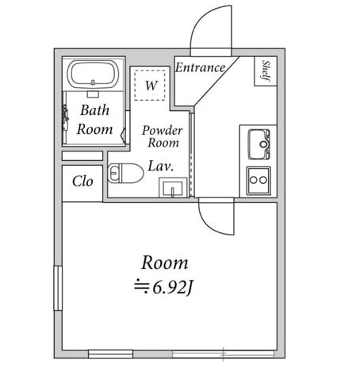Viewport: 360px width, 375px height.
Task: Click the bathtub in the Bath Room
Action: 93,75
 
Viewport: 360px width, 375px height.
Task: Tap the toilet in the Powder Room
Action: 125,173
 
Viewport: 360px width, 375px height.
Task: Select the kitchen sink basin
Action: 259,144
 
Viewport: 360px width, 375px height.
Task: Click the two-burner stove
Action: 259,181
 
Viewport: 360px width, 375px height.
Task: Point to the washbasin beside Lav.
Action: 173,188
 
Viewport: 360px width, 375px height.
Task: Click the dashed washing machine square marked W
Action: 150,85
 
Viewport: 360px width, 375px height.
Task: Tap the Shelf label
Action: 266,71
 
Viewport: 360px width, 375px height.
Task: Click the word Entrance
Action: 201,67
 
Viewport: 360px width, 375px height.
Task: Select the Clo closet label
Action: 82,182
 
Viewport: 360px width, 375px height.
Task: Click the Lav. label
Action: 161,166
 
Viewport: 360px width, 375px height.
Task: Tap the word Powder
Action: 163,130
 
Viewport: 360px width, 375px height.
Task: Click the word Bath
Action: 95,110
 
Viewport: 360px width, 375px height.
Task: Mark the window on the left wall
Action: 58,288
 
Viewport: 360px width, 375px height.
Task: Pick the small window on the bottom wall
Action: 110,354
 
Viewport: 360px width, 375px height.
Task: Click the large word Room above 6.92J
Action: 165,263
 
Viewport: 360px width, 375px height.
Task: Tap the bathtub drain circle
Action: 93,82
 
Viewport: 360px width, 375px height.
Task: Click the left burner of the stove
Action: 254,180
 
